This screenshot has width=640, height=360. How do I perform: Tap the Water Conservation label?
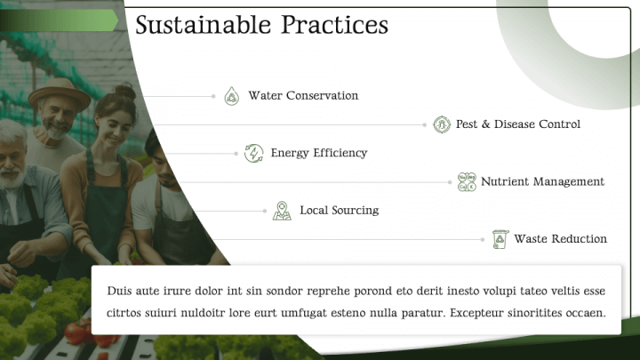(x=303, y=96)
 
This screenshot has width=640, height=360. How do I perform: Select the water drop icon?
(x=232, y=96)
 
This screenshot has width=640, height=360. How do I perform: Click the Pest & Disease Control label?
(x=518, y=124)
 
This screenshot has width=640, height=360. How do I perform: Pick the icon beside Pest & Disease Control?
(x=441, y=124)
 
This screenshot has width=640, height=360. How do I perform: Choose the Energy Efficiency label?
(x=318, y=153)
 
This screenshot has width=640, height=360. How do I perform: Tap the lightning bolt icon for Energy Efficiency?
(x=254, y=153)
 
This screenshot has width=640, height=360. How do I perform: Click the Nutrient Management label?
(x=542, y=181)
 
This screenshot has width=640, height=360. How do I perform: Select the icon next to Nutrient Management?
(x=467, y=181)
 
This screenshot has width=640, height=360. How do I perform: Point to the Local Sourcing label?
(x=339, y=211)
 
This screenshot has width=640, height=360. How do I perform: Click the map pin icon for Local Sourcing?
(x=282, y=211)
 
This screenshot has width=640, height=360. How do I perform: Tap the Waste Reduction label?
(x=560, y=239)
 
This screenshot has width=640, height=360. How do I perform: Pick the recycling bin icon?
(x=500, y=239)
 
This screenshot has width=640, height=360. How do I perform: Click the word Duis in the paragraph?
(x=119, y=291)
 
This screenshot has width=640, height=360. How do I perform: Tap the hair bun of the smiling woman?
(x=125, y=91)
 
